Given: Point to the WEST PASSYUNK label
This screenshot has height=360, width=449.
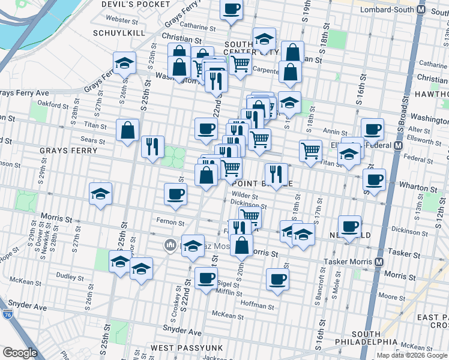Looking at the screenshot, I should [x=187, y=348].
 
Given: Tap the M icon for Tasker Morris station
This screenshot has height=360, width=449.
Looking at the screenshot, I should [x=379, y=262].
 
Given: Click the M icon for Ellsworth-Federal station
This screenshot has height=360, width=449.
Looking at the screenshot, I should [x=397, y=145].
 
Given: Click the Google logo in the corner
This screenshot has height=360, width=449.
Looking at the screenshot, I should [x=20, y=352].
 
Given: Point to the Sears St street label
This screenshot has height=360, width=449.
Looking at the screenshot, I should [x=93, y=142].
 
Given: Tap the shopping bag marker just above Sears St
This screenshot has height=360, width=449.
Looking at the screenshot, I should [x=128, y=130].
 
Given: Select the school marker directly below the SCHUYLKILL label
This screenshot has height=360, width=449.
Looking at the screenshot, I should [x=124, y=63].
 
